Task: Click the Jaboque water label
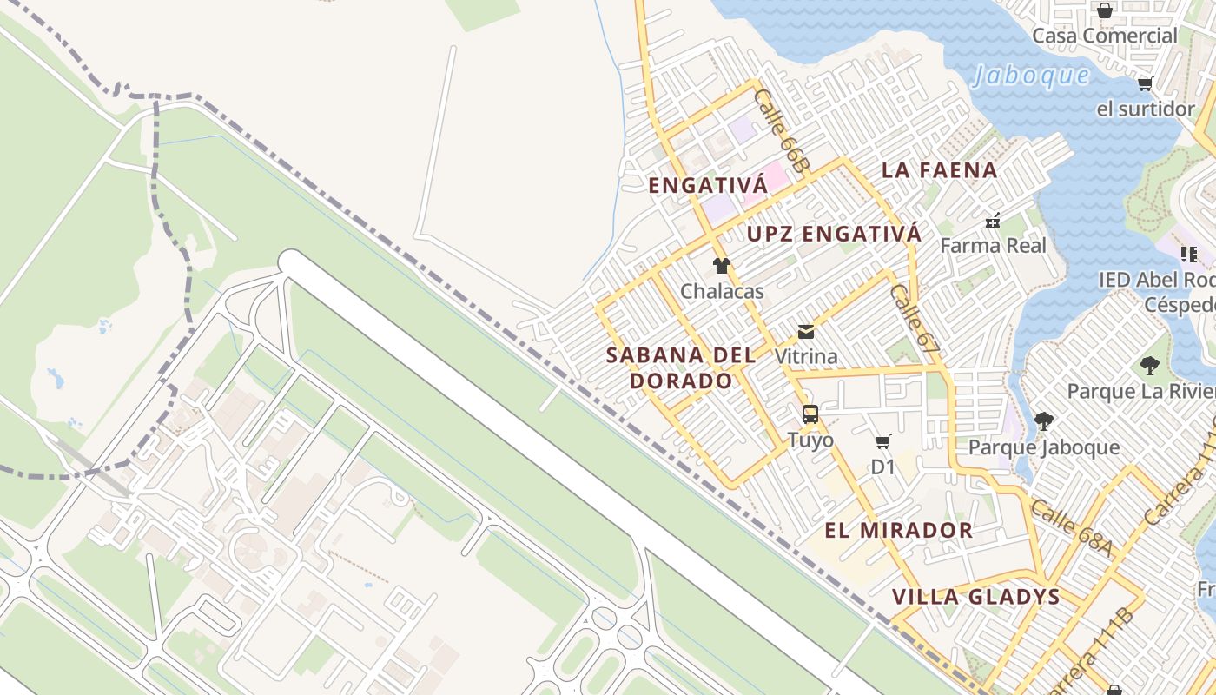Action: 1030,76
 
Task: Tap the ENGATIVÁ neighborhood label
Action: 708,186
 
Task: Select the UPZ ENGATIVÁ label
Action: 834,234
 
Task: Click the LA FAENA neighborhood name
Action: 939,170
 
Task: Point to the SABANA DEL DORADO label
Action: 681,367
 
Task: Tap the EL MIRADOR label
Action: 898,530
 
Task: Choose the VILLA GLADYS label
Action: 976,597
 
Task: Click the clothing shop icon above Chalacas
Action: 721,266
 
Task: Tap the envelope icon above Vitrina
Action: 806,332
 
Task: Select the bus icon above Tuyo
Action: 810,414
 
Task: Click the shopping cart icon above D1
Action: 883,442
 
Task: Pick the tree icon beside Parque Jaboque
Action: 1043,421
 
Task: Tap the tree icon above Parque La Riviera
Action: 1150,366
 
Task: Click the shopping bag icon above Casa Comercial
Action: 1104,10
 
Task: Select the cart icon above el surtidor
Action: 1145,84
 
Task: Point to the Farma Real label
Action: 993,245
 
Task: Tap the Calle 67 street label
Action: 915,319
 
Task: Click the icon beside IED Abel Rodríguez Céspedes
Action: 1189,255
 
